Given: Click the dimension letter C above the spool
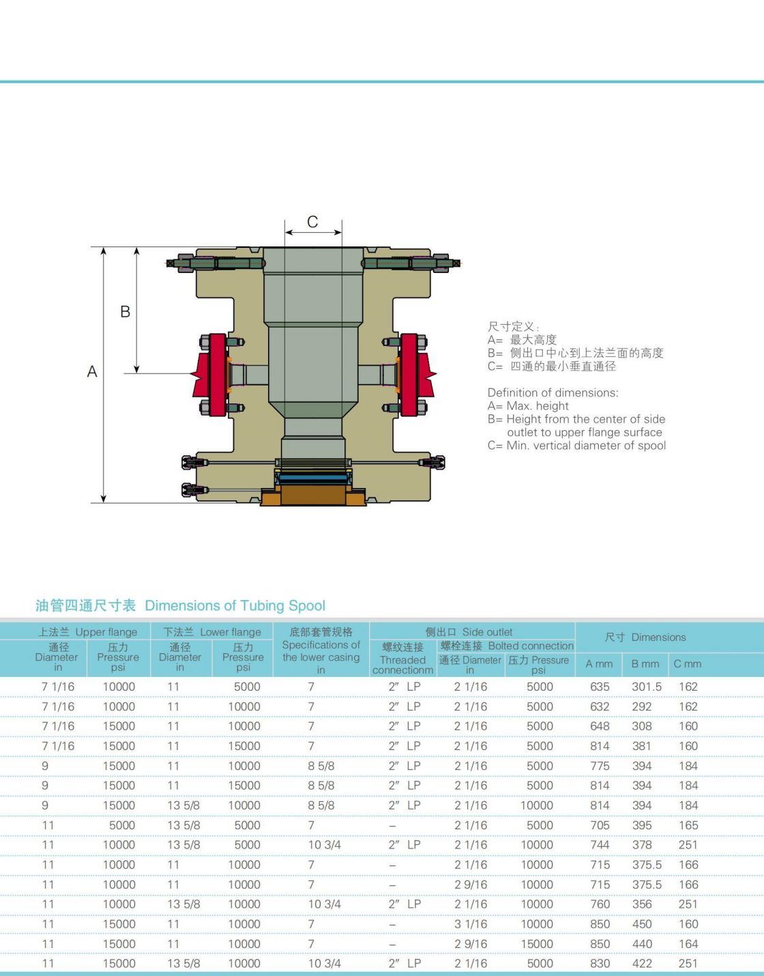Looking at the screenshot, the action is pos(312,221).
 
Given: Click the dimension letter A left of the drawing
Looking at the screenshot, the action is pos(92,371).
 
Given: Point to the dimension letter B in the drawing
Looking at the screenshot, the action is pos(126,311).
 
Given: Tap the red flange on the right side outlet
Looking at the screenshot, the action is pos(415,375).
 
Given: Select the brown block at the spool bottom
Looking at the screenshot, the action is pos(313,495).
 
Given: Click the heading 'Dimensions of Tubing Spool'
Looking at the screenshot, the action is pos(235,605).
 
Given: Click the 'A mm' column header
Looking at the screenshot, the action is pos(599,664).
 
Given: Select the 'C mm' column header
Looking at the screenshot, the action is pos(687,664).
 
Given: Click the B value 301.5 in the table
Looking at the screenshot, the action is pos(647,687).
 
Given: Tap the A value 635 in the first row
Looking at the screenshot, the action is pos(600,687).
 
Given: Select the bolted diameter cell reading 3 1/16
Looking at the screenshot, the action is pos(471,924).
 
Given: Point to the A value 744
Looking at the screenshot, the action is pos(600,845).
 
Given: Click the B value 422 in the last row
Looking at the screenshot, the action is pos(642,964).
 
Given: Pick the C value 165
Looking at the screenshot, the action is pos(688,825).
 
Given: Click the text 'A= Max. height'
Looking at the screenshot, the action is pos(528,406).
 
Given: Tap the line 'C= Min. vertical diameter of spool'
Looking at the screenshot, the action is pos(576,446).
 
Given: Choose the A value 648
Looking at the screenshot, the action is pos(600,726).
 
